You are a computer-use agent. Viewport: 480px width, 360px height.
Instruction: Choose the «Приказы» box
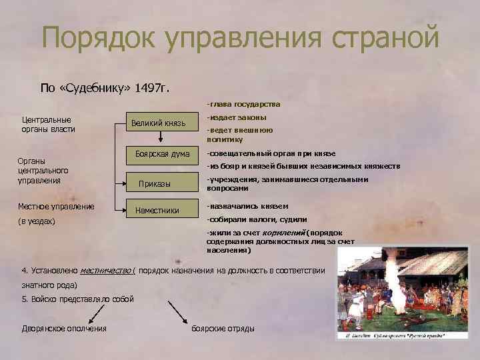158,183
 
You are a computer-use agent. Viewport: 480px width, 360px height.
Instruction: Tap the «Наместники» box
158,210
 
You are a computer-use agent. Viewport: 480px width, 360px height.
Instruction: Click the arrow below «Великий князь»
161,137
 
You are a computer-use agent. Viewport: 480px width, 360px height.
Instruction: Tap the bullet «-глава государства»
243,105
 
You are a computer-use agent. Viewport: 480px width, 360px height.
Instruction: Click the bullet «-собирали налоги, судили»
257,219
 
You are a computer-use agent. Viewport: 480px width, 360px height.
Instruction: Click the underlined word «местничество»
106,271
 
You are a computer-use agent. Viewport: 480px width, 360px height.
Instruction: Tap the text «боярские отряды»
223,329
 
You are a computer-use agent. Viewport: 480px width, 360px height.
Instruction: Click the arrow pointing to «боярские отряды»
179,310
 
